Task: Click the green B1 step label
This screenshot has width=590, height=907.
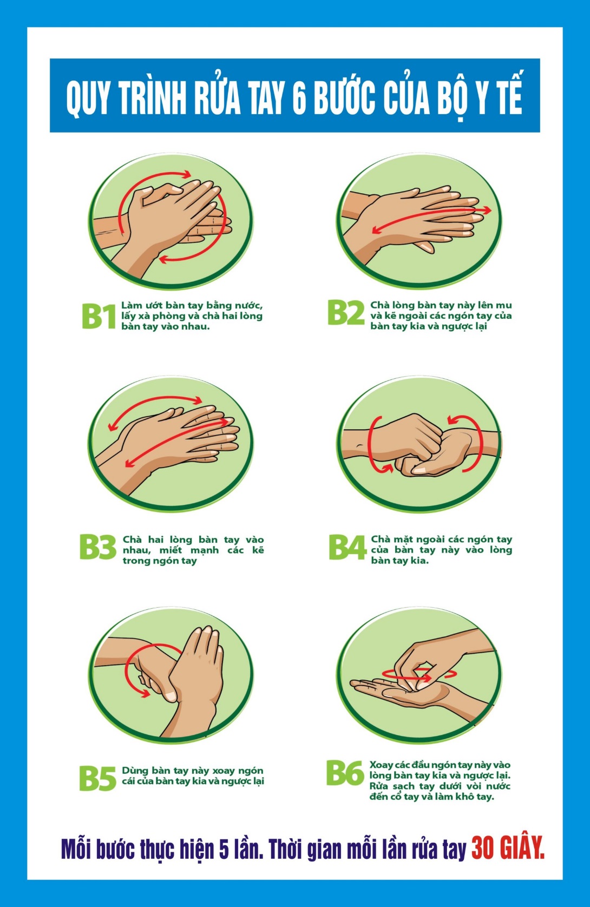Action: [99, 316]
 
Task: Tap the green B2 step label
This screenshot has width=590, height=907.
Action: [346, 312]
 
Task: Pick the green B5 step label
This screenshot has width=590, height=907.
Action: [97, 778]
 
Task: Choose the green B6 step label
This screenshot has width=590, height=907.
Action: [345, 773]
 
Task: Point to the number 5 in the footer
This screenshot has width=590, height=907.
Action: [224, 850]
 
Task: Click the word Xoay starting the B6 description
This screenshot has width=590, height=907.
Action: [379, 765]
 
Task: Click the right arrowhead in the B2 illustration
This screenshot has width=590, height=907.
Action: [486, 210]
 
